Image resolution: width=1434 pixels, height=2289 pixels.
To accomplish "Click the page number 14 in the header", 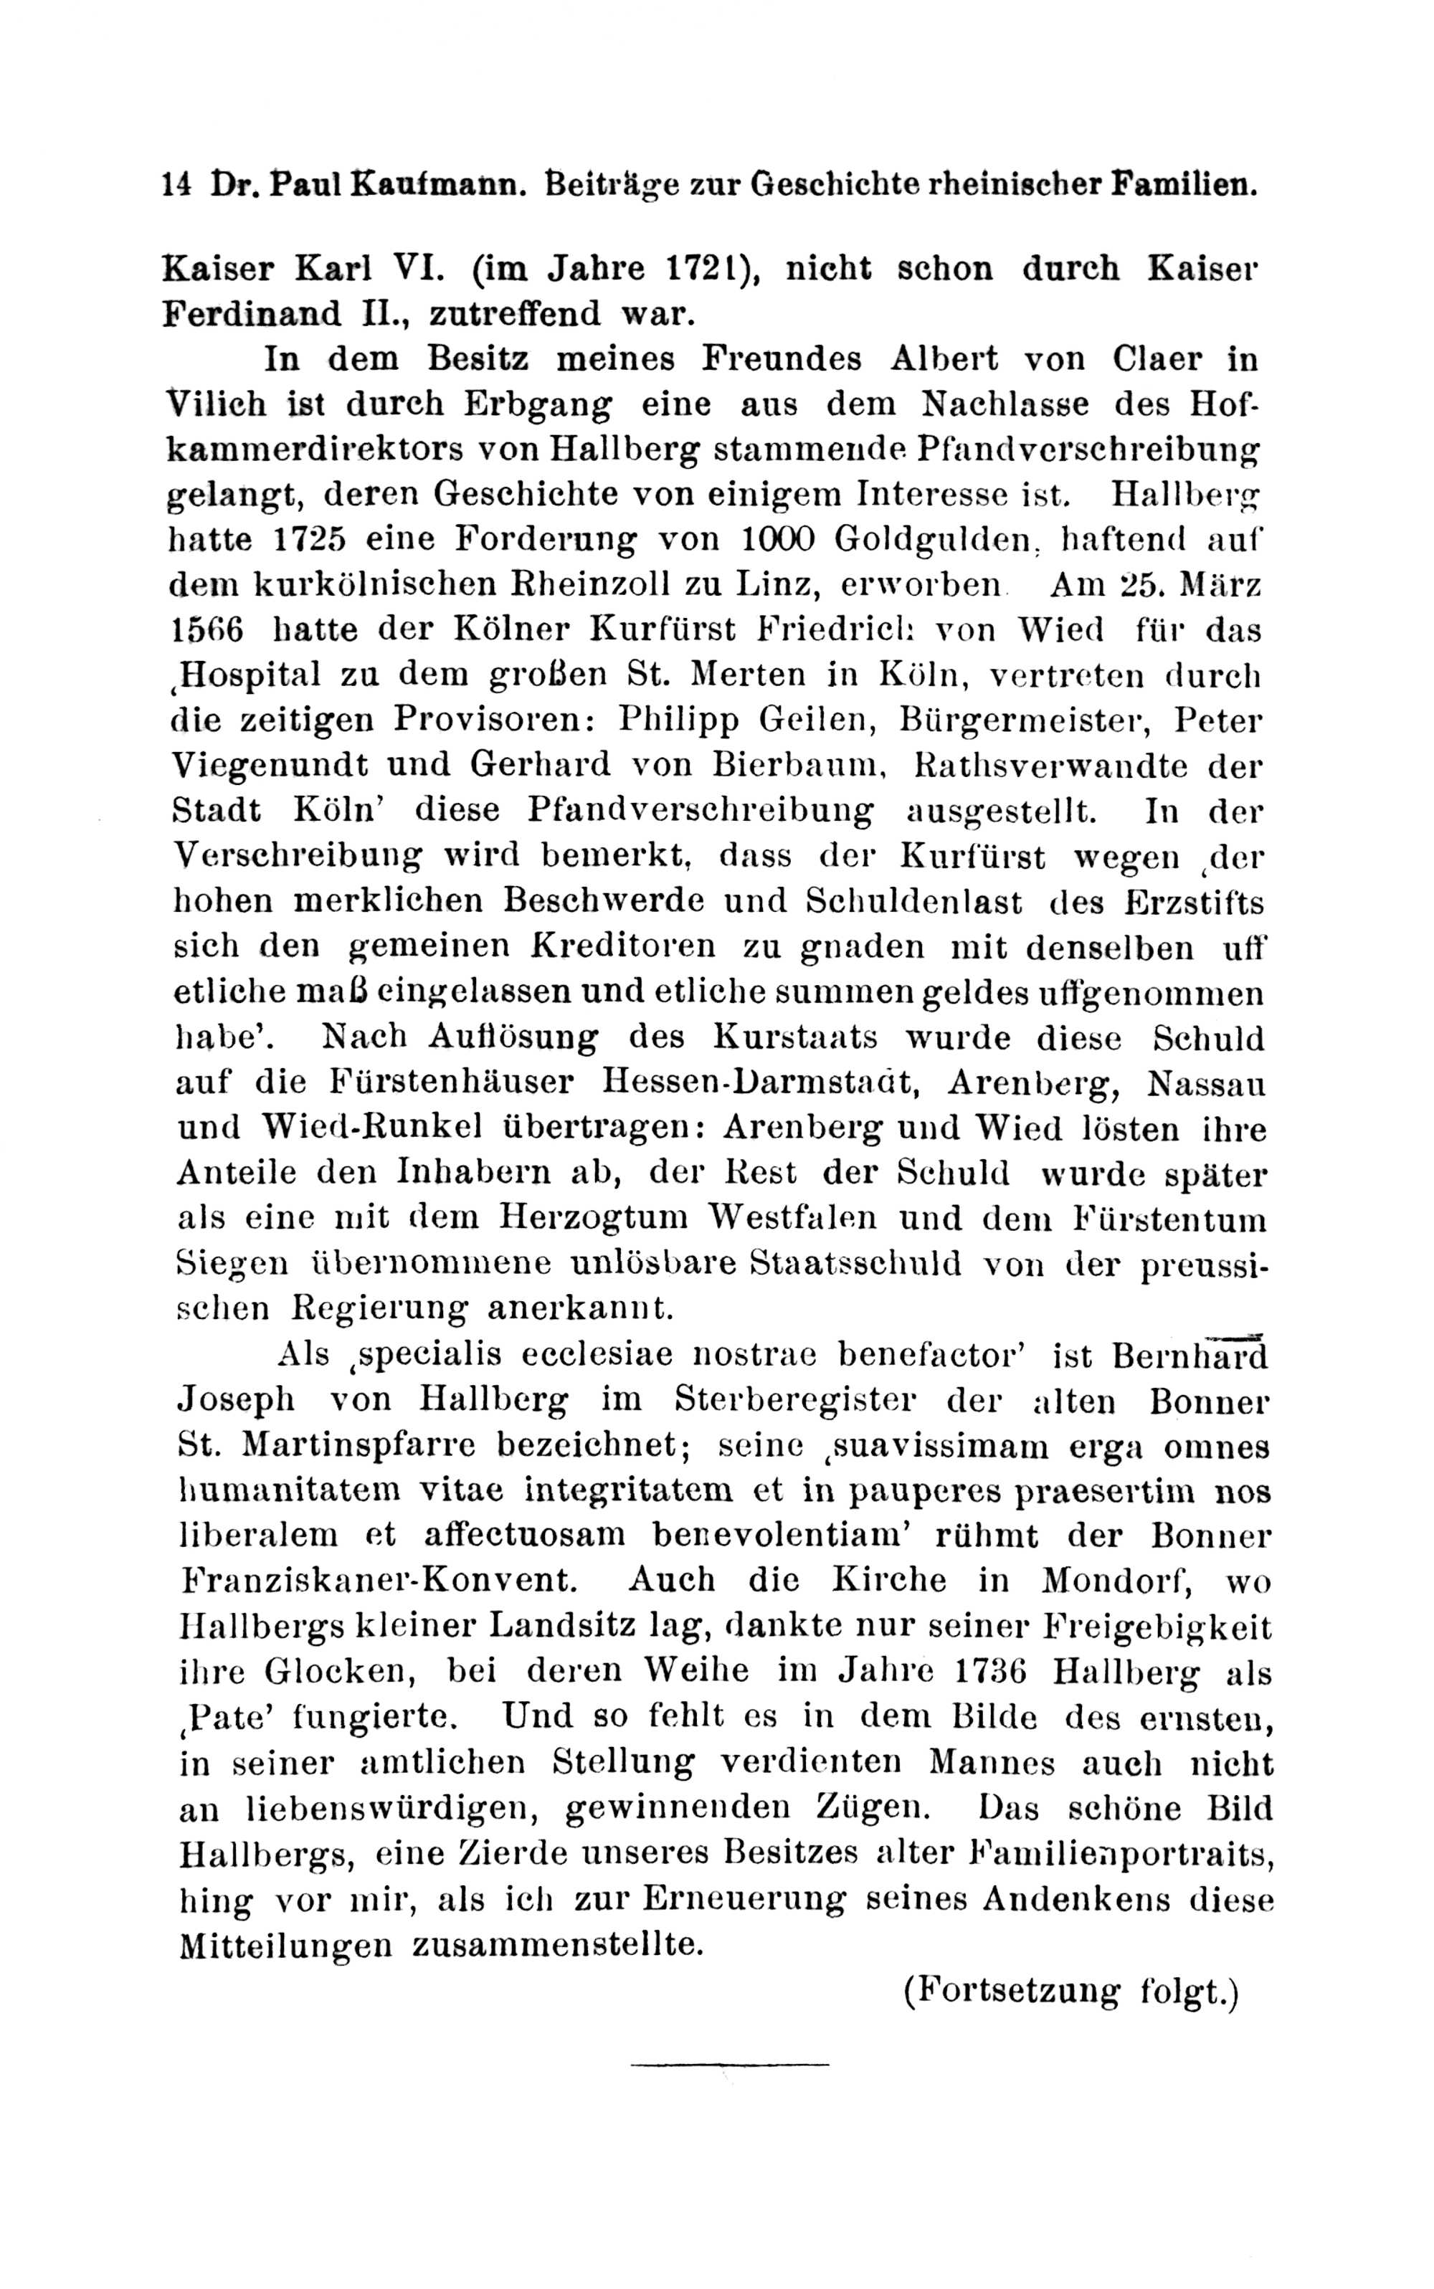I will pyautogui.click(x=176, y=183).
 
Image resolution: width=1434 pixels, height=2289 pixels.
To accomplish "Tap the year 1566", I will pyautogui.click(x=206, y=629).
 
